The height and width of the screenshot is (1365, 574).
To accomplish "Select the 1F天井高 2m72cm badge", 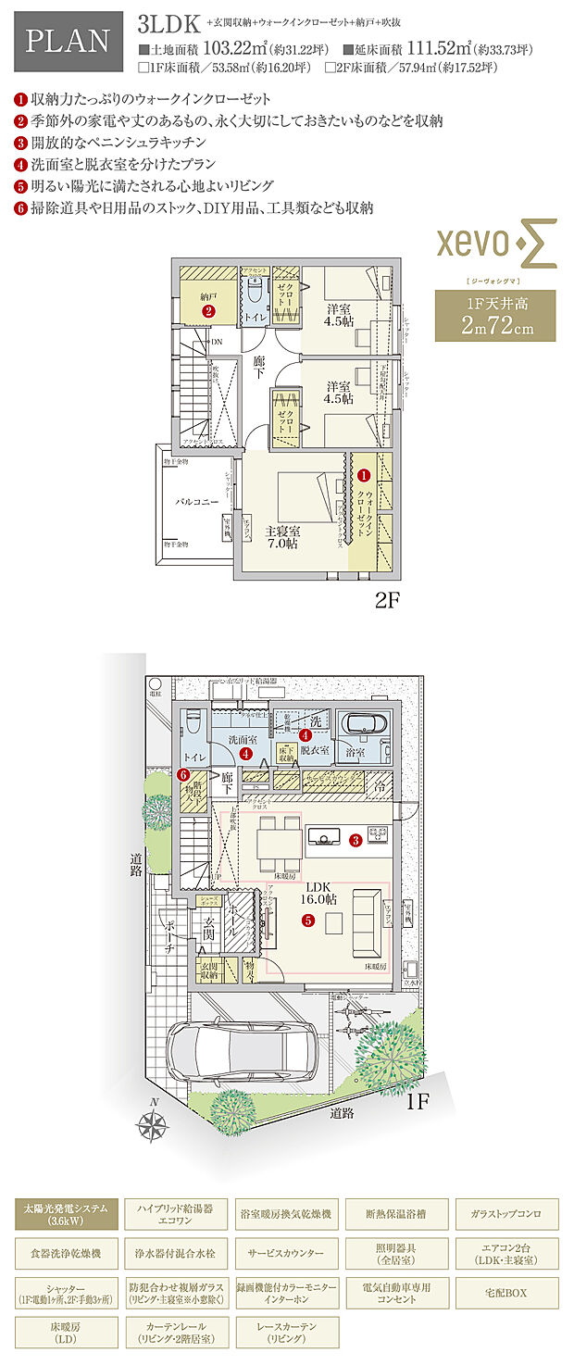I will [x=495, y=315].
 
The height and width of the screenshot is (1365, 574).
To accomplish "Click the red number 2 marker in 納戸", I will [x=209, y=311].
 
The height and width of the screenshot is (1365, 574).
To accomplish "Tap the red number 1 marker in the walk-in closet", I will [x=363, y=474].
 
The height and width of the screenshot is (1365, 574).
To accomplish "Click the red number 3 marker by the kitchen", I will [x=356, y=840].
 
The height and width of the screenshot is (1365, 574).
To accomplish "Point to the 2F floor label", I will [x=386, y=600].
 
